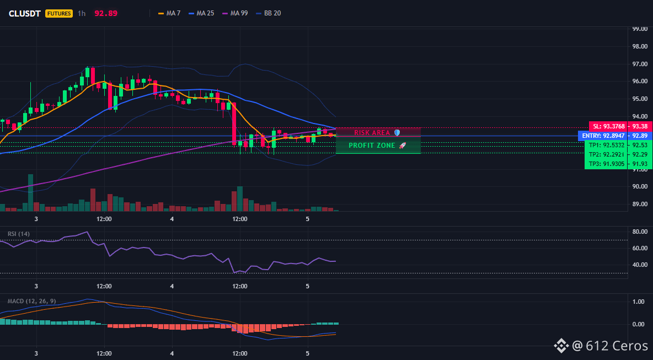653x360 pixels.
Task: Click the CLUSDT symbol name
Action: tap(25, 13)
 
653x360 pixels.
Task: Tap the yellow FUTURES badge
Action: tap(59, 13)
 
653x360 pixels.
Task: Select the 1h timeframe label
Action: tap(82, 13)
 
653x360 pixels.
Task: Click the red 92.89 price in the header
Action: tap(106, 13)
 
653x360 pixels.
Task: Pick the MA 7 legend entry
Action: tap(169, 13)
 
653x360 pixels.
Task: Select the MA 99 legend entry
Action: tap(235, 13)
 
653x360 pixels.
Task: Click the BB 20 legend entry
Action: tap(269, 13)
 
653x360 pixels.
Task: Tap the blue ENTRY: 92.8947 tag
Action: tap(603, 136)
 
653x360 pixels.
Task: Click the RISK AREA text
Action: tap(372, 132)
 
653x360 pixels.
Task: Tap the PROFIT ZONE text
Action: tap(372, 145)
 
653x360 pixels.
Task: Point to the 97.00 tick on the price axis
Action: tap(640, 64)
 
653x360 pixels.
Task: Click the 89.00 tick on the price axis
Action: tap(640, 204)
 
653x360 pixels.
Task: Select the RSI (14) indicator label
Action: tap(19, 234)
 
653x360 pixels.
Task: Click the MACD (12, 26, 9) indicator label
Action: tap(31, 301)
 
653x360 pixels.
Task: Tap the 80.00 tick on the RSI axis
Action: tap(640, 232)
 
